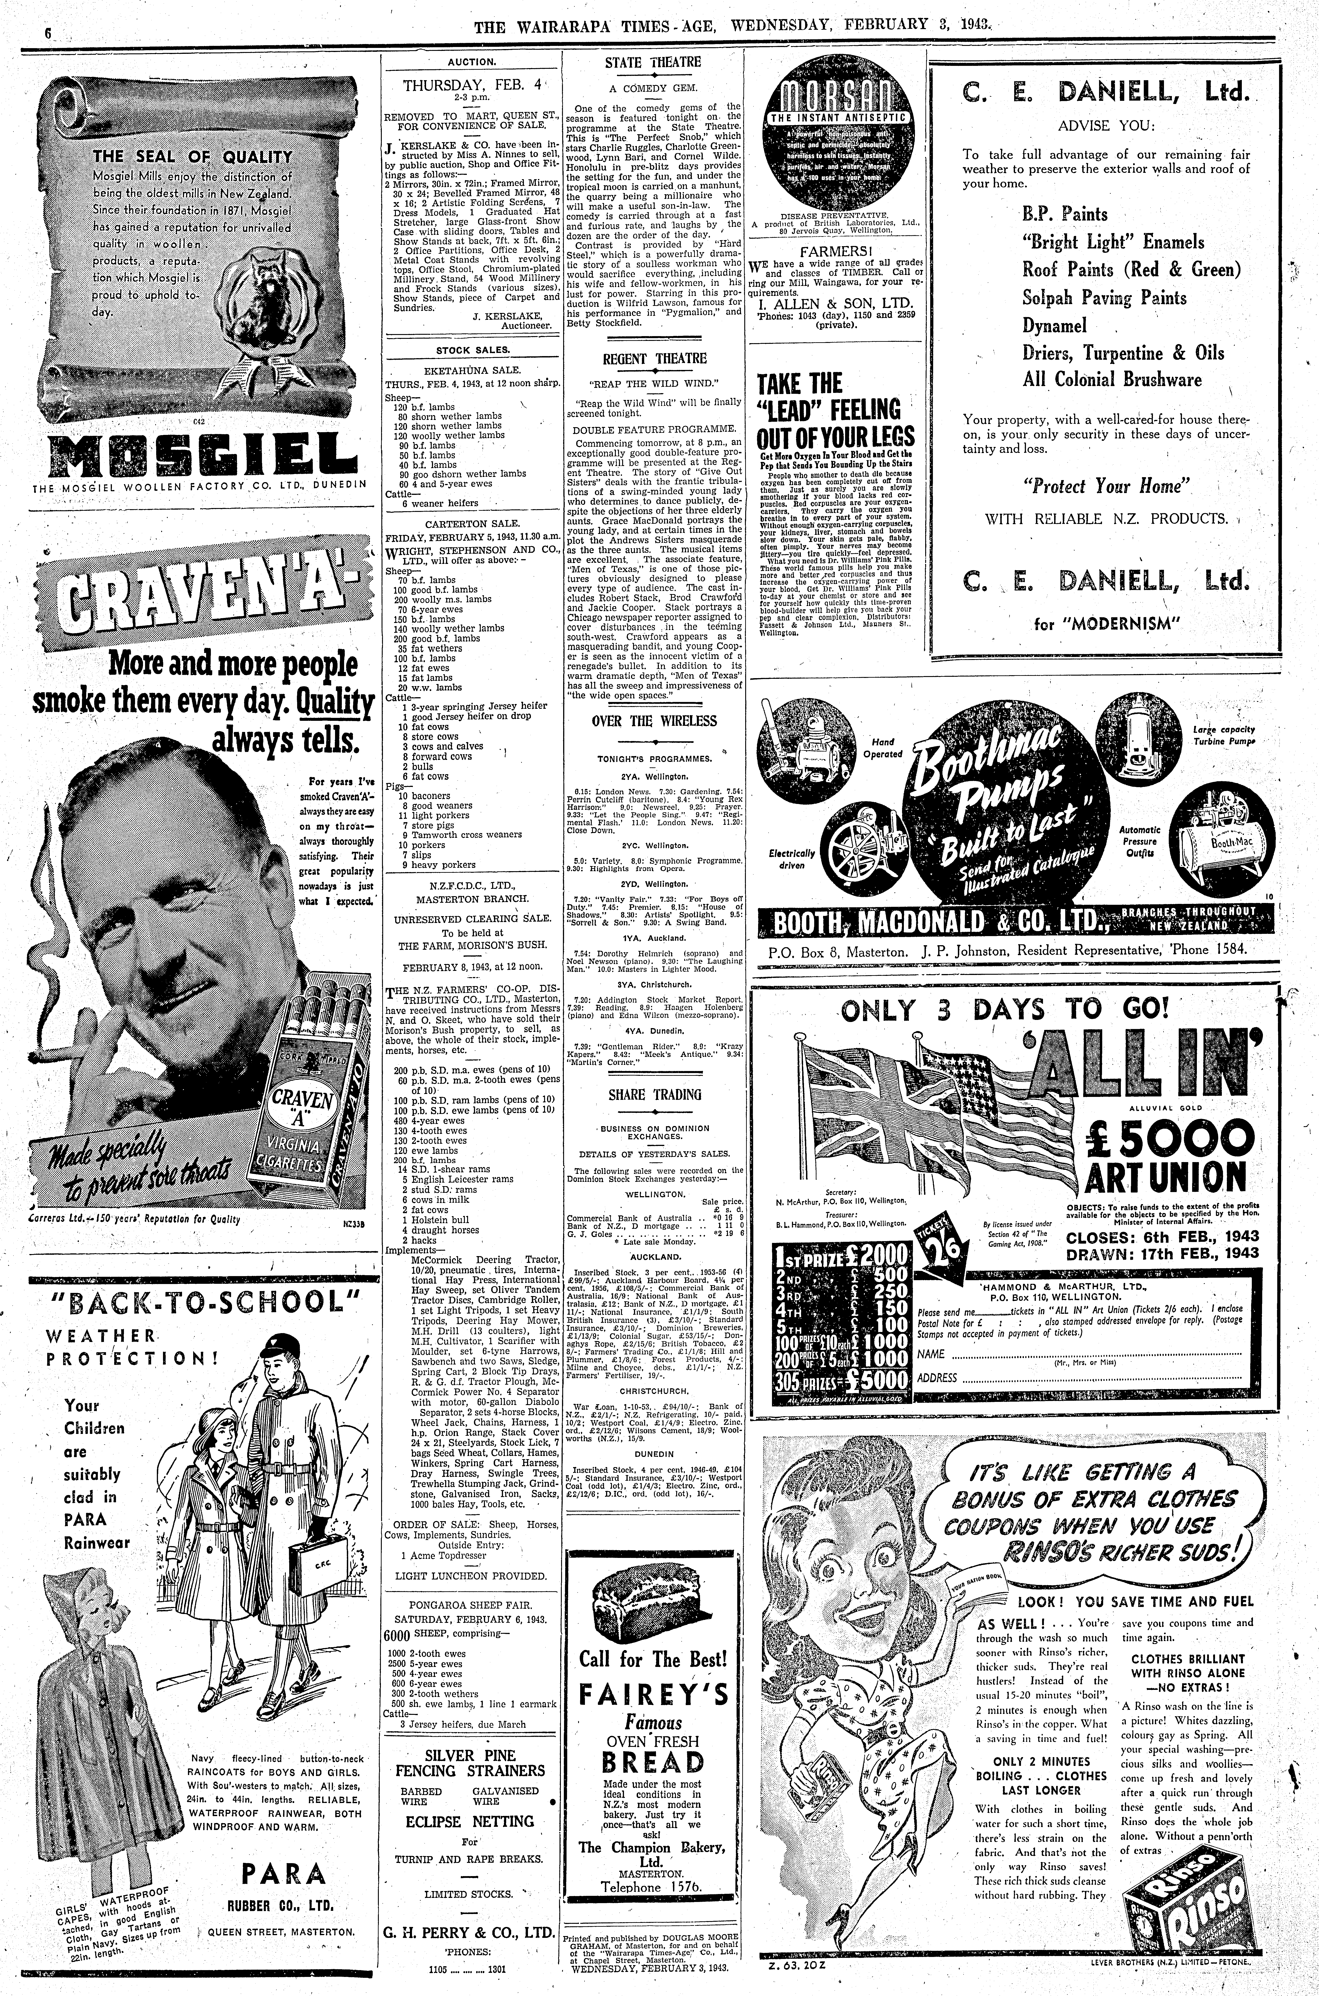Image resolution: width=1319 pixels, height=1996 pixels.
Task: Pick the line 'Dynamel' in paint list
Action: click(x=1055, y=326)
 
